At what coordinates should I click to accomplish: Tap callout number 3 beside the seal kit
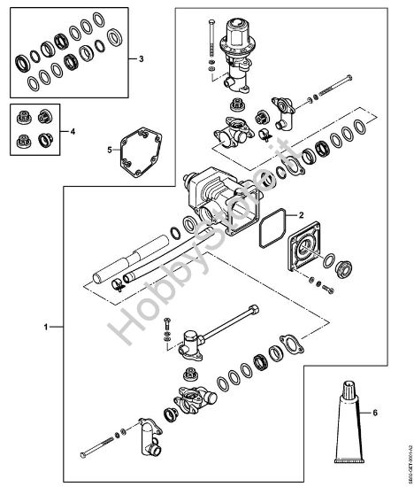pos(141,59)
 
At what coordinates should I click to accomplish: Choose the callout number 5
pos(110,151)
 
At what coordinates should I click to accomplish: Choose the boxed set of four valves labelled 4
pos(34,128)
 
